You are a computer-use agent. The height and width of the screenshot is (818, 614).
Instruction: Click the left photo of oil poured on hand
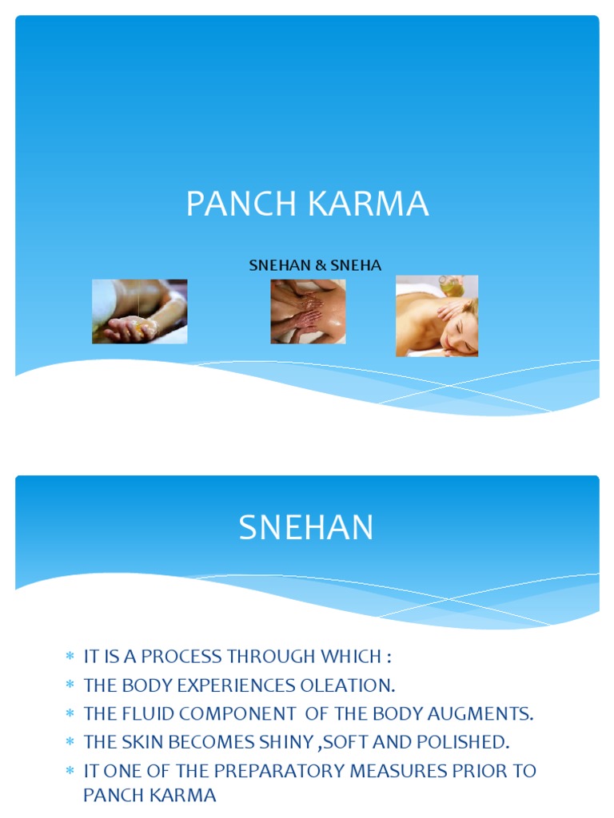coord(139,312)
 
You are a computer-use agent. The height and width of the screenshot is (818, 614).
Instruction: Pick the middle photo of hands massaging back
coord(308,312)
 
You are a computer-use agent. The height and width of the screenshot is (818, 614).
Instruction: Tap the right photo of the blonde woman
coord(437,316)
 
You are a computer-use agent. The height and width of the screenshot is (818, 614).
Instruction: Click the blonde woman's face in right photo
coord(460,332)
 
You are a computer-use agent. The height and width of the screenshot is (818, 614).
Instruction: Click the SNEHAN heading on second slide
coord(306,528)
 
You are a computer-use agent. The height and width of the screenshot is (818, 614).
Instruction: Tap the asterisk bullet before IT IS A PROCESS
coord(69,657)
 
